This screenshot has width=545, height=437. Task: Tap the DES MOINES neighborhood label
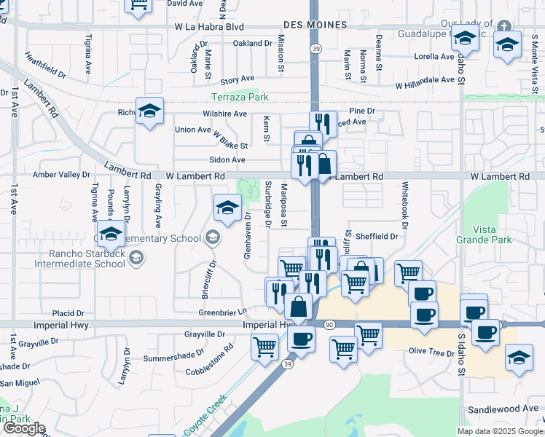tap(315, 25)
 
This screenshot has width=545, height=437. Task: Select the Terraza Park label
tap(240, 97)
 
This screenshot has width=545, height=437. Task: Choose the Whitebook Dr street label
tap(403, 200)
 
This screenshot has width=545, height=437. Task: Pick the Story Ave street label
tap(237, 79)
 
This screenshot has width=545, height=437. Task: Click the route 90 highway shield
tap(329, 324)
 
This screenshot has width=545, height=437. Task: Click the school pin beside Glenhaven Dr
tap(227, 208)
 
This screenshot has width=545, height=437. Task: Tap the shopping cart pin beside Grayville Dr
tap(264, 346)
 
